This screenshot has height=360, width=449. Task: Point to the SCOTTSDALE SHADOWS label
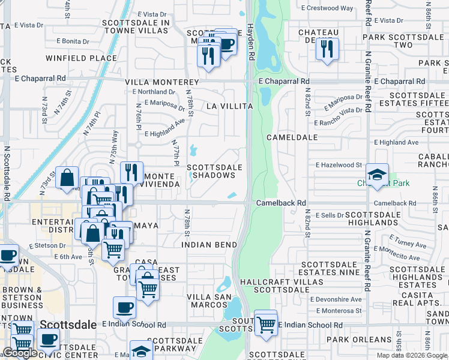click(x=215, y=171)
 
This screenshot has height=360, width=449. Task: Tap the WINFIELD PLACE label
click(x=81, y=59)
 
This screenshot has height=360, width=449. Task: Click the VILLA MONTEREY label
click(x=161, y=82)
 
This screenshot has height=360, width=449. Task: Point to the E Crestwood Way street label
click(x=327, y=8)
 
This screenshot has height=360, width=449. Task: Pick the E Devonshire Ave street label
click(x=336, y=299)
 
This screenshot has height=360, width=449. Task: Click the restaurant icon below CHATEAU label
click(x=327, y=49)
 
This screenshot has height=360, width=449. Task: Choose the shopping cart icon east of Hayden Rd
click(x=266, y=324)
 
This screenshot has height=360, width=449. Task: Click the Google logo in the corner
click(x=20, y=353)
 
